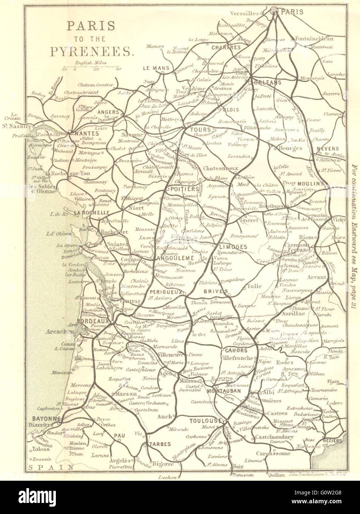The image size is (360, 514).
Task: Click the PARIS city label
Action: (292, 12)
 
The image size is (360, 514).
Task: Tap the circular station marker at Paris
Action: (275, 11)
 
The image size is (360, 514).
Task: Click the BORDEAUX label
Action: (94, 321)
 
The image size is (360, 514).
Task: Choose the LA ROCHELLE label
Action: (91, 213)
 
